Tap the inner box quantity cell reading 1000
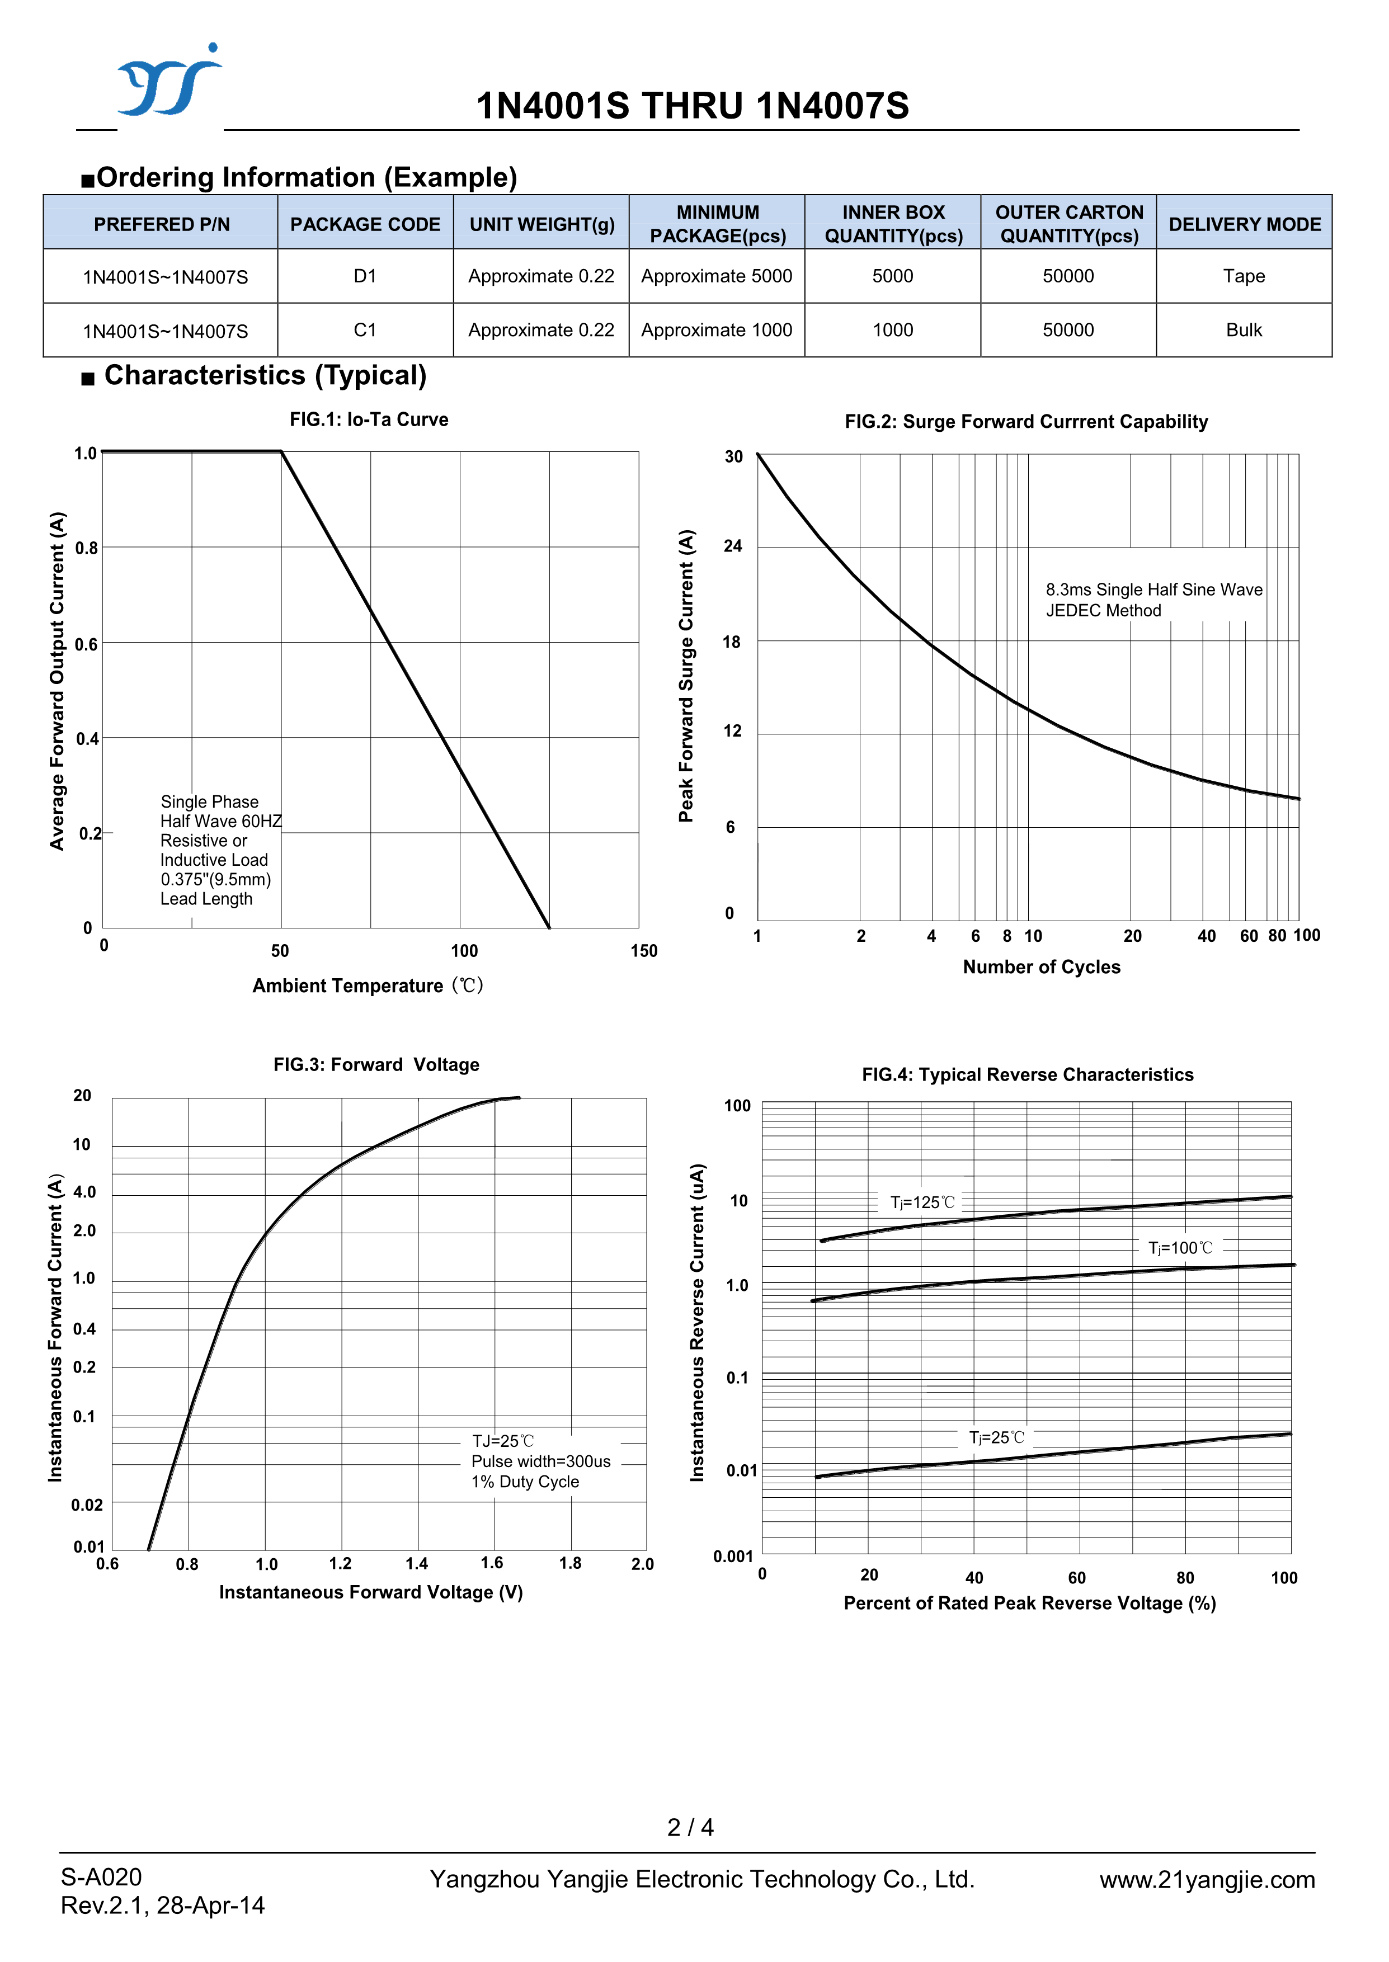[x=892, y=330]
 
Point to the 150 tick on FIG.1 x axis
[x=643, y=951]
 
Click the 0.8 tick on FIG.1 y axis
[x=86, y=548]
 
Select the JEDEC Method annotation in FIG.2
[x=1103, y=610]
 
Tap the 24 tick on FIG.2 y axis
[x=733, y=546]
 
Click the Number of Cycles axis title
[x=1041, y=967]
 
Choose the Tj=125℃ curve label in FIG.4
[x=922, y=1202]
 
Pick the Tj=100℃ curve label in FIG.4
[x=1180, y=1248]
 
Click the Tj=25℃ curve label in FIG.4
[x=996, y=1438]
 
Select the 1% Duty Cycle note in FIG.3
[x=525, y=1482]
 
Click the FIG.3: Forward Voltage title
[x=376, y=1064]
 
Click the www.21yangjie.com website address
[x=1207, y=1879]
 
